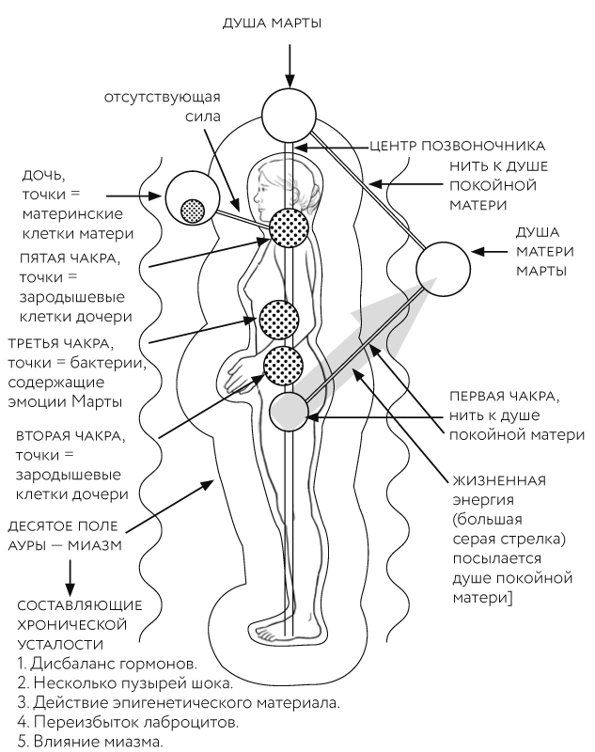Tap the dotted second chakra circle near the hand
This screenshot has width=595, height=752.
(x=283, y=366)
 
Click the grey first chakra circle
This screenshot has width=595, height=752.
(x=289, y=410)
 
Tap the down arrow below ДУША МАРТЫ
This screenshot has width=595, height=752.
(x=292, y=63)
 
